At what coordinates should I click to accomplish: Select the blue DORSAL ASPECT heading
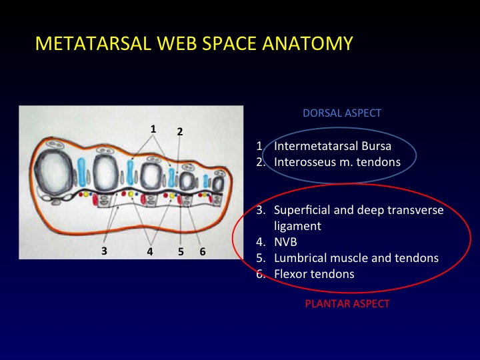[342, 113]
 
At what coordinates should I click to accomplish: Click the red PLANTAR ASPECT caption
[347, 303]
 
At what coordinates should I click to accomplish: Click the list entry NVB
[285, 242]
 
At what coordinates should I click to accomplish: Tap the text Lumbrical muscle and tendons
[356, 258]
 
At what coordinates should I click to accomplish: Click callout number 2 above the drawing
[180, 131]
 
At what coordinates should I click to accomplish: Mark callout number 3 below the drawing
[104, 252]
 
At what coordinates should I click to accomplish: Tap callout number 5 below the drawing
[181, 252]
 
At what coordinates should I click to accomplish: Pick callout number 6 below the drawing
[202, 252]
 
